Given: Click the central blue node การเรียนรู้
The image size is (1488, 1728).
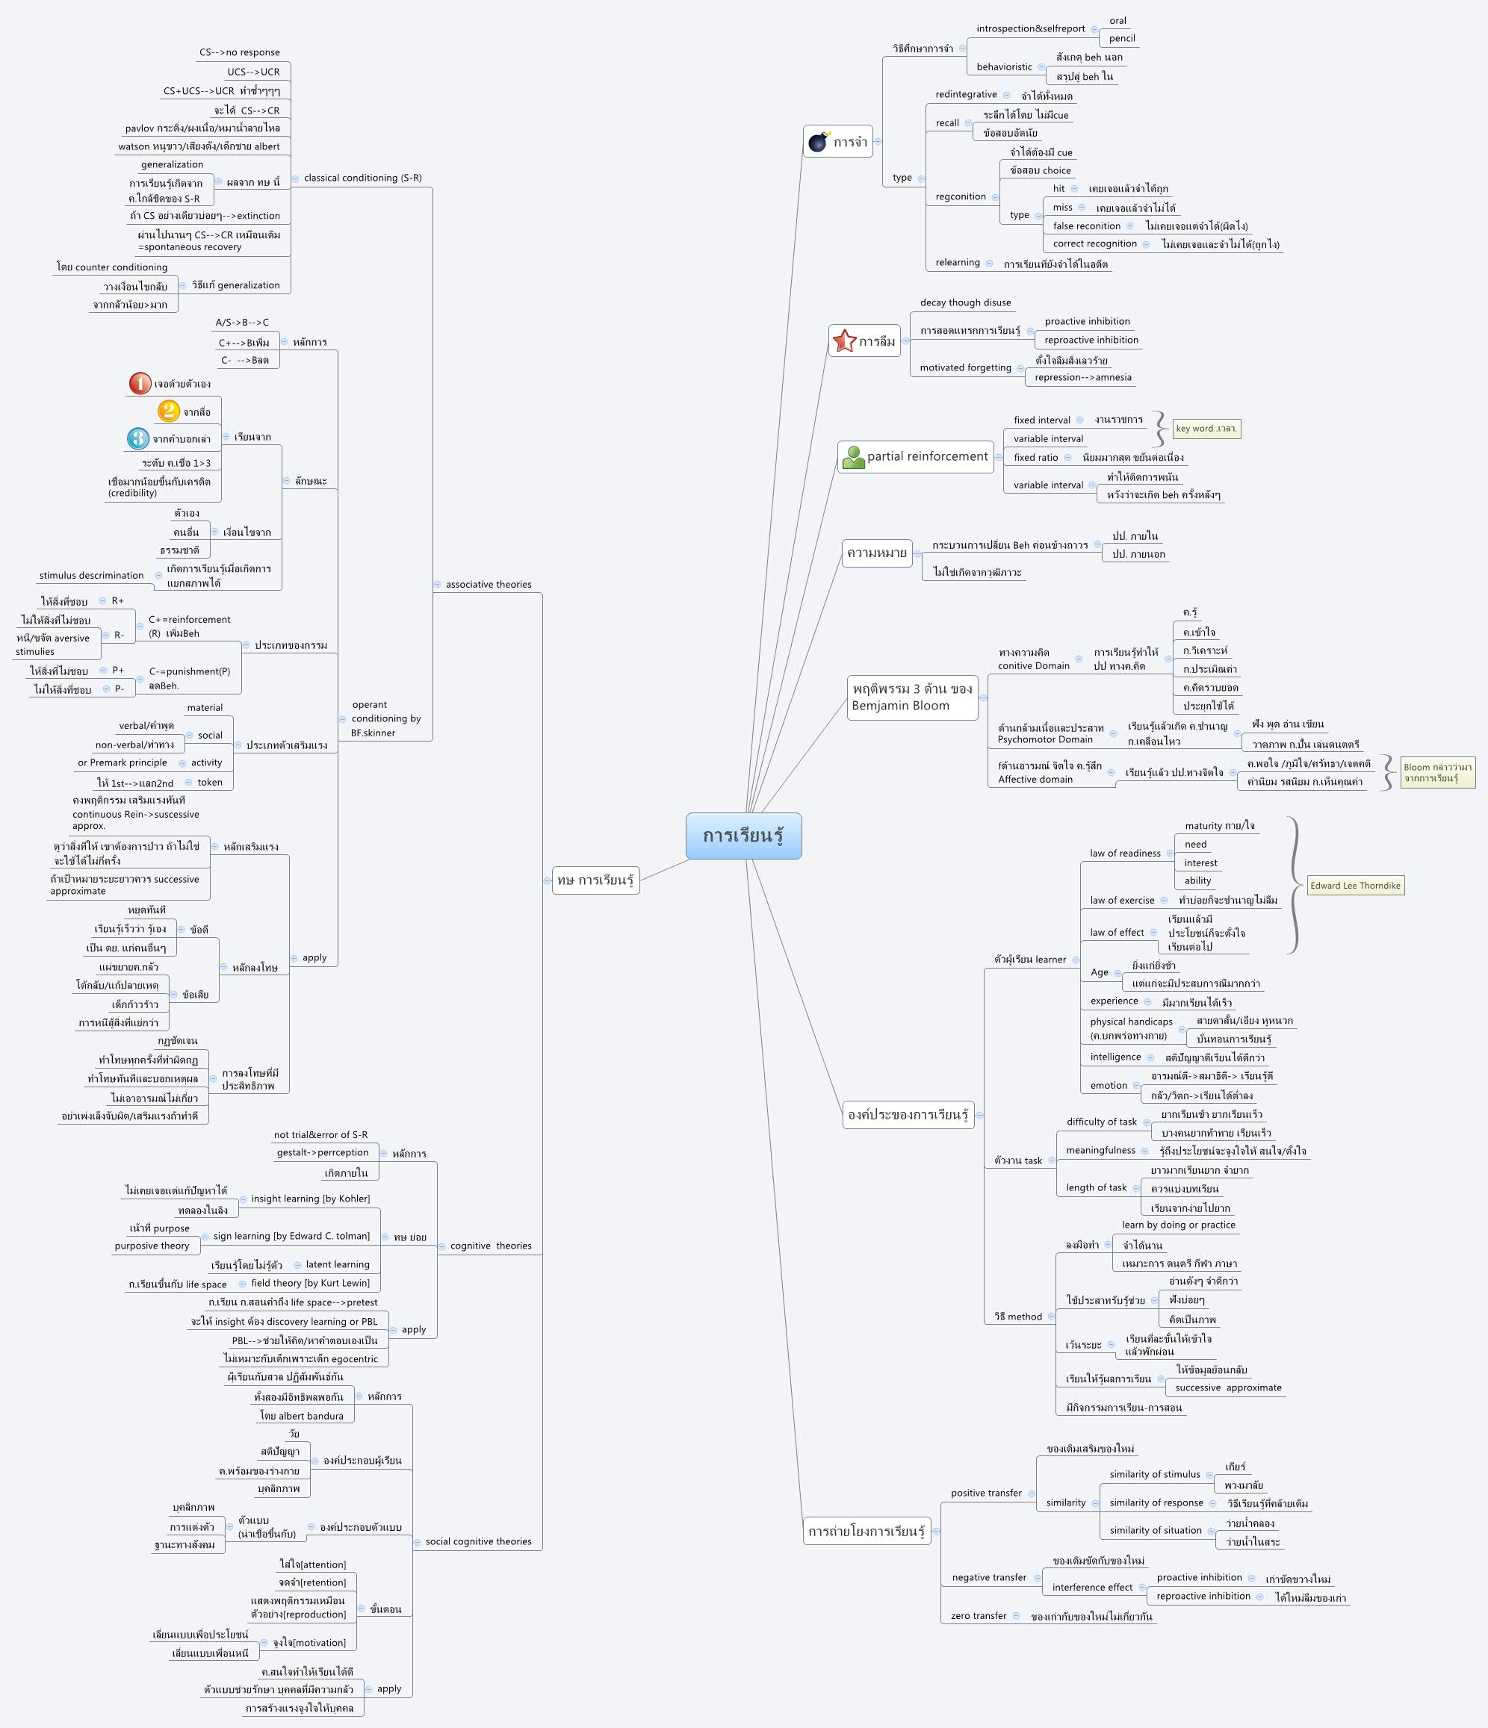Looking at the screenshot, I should coord(743,836).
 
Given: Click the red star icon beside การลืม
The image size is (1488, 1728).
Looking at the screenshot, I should coord(844,341).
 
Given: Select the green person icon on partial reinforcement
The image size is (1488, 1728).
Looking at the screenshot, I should coord(853,457).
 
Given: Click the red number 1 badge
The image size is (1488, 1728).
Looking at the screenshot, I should coord(140,384).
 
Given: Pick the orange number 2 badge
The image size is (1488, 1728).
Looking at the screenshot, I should coord(169,411).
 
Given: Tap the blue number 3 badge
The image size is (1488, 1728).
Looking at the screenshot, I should coord(138,438).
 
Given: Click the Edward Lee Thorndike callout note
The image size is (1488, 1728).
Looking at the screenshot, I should coord(1354,886).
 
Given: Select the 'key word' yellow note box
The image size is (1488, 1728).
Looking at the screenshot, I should coord(1206,429).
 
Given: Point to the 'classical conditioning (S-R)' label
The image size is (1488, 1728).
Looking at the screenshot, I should coord(363,178).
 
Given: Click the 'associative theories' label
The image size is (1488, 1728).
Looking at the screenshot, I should coord(488,585).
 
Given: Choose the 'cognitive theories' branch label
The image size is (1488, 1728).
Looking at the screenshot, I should coord(491,1246).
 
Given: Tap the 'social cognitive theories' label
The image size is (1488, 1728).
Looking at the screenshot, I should coord(478,1541).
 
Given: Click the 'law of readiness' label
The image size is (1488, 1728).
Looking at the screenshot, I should coord(1124,853).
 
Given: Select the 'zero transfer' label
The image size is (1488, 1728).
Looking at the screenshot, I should coord(979,1615).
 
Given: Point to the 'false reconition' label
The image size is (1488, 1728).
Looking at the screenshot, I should coord(1086,226).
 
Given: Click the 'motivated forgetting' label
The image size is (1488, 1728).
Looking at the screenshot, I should coord(965,368).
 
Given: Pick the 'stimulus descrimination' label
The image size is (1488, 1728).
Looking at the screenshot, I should coord(92,576).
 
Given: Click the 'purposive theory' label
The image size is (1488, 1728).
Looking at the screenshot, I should coord(152,1246).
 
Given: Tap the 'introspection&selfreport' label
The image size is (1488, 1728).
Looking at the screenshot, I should coord(1030,28).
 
